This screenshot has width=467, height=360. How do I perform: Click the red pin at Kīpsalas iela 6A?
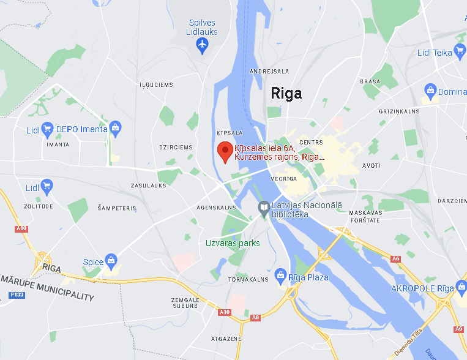(225, 151)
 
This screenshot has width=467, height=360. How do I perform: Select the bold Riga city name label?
(286, 94)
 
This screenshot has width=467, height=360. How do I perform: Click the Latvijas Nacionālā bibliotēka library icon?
(264, 208)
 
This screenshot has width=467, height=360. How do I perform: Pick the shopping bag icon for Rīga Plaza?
(281, 277)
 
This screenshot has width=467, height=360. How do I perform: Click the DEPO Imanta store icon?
(116, 129)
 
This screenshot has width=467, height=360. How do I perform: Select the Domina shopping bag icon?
(430, 92)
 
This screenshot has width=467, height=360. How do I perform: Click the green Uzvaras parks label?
(233, 243)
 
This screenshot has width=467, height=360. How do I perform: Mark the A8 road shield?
(255, 317)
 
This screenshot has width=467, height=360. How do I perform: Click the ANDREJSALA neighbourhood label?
(269, 71)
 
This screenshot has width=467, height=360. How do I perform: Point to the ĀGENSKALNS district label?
(217, 208)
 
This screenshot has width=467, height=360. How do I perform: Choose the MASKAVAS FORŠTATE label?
(365, 216)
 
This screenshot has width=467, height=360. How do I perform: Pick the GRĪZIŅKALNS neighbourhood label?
(399, 111)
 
